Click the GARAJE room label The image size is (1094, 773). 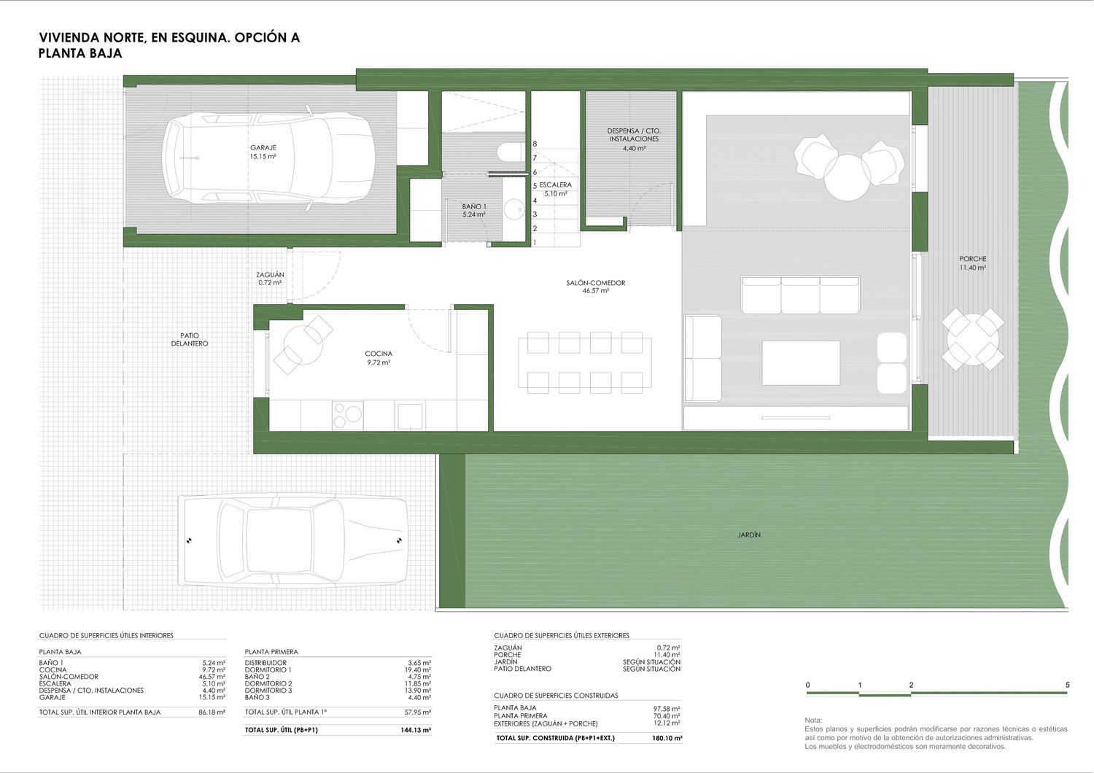(263, 147)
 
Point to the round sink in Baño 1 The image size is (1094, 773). (513, 210)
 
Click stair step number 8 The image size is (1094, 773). (535, 144)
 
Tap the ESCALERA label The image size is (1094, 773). (556, 185)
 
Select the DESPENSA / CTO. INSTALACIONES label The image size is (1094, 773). (634, 135)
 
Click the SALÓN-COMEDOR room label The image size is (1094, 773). (596, 283)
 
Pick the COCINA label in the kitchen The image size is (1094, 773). (379, 354)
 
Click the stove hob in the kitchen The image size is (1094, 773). (348, 416)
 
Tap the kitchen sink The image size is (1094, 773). (410, 416)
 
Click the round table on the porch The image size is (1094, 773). (973, 339)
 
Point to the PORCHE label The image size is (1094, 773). (973, 259)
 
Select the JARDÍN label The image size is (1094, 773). (749, 535)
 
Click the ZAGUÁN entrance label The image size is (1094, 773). (270, 275)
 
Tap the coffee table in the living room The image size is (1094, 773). (801, 363)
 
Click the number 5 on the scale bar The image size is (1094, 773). (1067, 685)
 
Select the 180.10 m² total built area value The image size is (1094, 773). (667, 738)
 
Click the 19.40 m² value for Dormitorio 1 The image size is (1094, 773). (420, 670)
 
